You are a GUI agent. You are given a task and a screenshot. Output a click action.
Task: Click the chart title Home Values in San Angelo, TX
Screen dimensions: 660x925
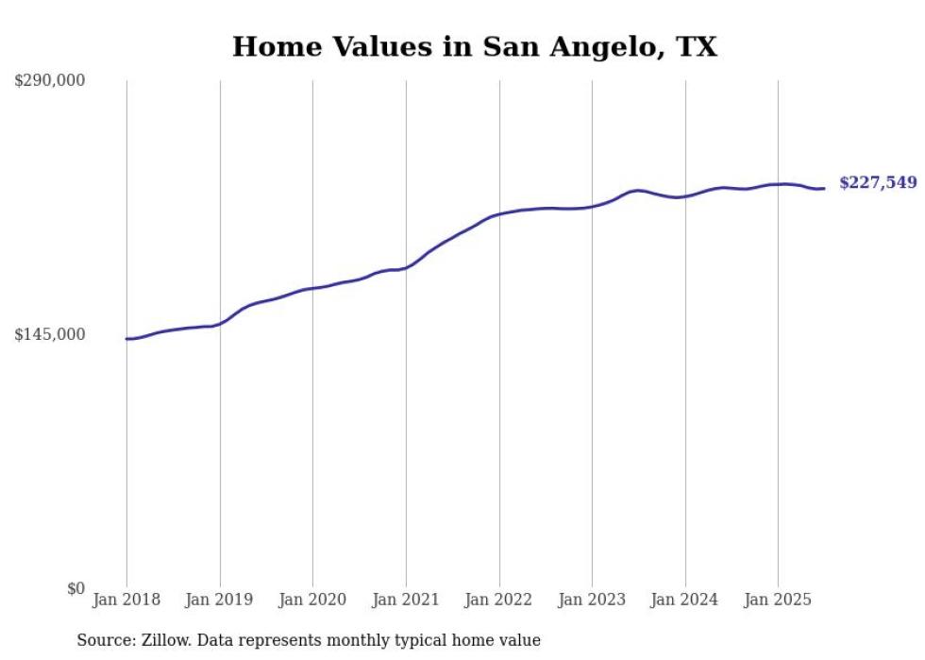tap(475, 46)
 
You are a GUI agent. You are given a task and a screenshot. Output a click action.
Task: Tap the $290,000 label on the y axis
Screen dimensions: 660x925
tap(49, 81)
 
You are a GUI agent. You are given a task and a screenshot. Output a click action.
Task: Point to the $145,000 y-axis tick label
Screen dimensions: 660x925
tap(49, 335)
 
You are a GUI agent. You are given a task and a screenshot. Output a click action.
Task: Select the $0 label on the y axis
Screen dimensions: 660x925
tap(76, 589)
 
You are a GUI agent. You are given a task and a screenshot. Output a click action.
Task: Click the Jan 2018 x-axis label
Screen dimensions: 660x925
tap(126, 600)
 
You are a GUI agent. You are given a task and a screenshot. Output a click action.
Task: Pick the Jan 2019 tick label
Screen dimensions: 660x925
tap(220, 600)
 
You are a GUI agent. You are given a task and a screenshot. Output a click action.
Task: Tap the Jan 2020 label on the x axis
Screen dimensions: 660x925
tap(312, 600)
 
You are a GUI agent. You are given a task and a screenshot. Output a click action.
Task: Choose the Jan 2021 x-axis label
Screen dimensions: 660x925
tap(406, 600)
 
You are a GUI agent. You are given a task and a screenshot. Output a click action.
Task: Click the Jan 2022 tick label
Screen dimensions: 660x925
tap(499, 600)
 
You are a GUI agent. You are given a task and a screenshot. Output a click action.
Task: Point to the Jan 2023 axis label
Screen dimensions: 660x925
tap(592, 600)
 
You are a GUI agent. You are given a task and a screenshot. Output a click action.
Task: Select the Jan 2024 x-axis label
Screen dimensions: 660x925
tap(685, 600)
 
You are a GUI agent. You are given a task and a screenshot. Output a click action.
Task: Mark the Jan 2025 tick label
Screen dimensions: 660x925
tap(778, 600)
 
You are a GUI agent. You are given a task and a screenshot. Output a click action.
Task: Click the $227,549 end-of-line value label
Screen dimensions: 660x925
tap(878, 183)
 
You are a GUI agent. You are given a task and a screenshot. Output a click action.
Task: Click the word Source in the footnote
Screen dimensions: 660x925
tap(102, 640)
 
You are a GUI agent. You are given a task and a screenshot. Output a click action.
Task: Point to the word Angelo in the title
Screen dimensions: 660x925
tap(595, 46)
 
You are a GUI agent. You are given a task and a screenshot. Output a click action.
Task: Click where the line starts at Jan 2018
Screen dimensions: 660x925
tap(126, 338)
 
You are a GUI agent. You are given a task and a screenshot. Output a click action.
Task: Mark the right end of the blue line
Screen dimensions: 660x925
tap(825, 188)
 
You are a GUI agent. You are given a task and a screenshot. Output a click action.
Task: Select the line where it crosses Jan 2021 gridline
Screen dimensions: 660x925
tap(406, 268)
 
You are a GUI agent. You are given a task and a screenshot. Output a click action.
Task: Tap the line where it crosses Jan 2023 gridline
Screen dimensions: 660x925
tap(592, 206)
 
